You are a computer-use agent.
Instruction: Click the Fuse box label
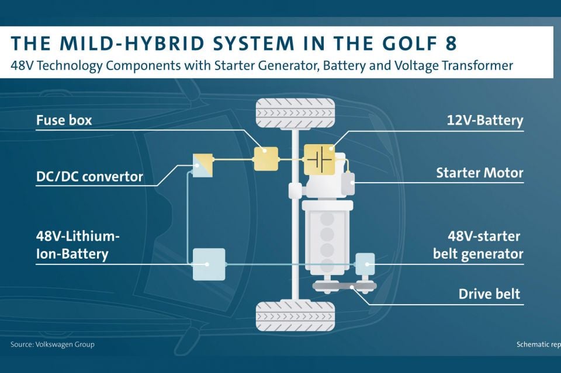coord(64,120)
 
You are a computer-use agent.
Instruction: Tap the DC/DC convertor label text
coord(89,176)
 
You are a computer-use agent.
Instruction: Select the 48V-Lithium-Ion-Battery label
coord(78,245)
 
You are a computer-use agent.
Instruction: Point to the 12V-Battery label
coord(485,120)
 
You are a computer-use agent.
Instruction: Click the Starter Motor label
coord(479,173)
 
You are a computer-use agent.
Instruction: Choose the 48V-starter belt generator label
coord(479,245)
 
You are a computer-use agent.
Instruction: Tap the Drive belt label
coord(489,294)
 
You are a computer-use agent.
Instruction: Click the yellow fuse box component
coord(266,159)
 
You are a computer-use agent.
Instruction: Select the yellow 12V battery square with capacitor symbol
coord(319,159)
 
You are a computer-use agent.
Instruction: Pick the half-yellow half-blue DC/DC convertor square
coord(203,165)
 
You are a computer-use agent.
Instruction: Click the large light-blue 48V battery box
coord(209,264)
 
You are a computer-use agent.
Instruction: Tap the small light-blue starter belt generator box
coord(365,264)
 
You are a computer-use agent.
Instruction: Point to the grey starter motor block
coord(348,184)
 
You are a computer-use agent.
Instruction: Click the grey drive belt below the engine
coord(344,286)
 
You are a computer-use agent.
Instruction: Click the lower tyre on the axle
coord(296,316)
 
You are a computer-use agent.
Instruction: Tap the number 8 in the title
coord(451,43)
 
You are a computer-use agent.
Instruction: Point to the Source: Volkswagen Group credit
coord(53,344)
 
